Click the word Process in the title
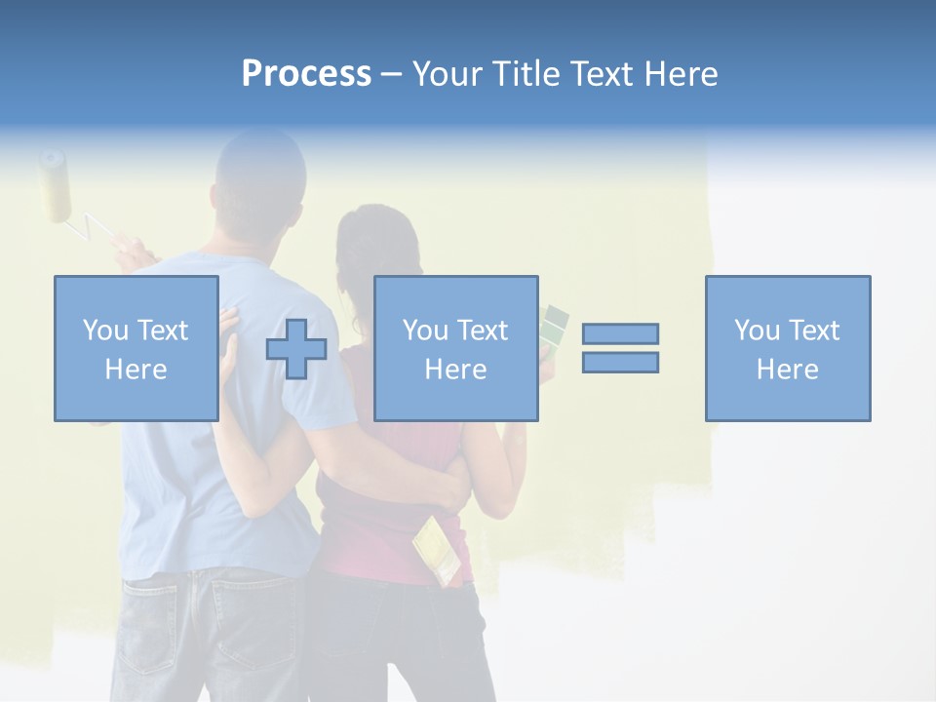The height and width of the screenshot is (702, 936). [306, 74]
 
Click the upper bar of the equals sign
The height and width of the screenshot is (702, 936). [620, 333]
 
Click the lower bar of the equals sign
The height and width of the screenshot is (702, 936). [620, 362]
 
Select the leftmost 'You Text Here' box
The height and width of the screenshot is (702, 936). [136, 348]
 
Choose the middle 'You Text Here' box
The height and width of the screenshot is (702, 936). [455, 348]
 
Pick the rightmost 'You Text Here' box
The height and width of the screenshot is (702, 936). [787, 348]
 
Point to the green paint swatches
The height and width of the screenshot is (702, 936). [552, 327]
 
